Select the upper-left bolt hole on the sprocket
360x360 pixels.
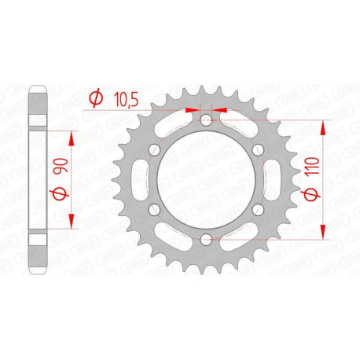[x=155, y=150]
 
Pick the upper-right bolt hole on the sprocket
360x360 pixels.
[x=257, y=150]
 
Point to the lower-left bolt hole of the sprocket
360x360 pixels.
[x=155, y=209]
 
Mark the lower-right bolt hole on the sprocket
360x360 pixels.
[x=257, y=209]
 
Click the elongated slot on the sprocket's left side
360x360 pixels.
[x=142, y=179]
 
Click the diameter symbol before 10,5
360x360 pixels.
[x=96, y=97]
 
